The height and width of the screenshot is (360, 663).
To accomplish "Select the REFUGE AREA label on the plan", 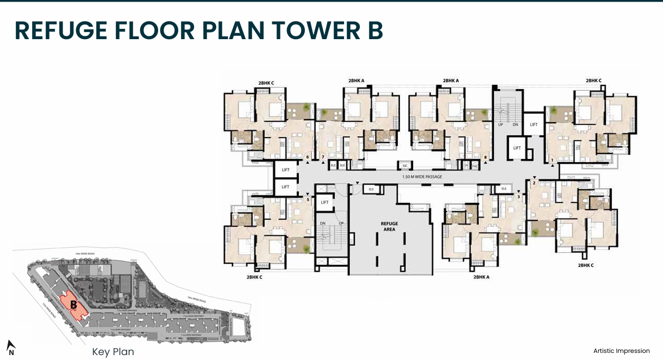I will click(x=389, y=226).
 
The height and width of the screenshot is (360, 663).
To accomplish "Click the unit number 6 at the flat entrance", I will click(x=308, y=158).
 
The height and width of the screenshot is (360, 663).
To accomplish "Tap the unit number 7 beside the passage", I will click(x=323, y=158).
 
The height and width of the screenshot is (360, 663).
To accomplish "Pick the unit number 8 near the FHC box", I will click(x=485, y=158).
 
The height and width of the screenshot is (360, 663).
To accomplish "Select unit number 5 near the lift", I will click(x=308, y=199).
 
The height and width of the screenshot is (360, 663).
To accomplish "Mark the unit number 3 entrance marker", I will click(x=518, y=196).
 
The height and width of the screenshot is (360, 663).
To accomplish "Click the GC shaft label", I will click(x=405, y=165).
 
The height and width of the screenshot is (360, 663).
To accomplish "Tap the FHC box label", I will click(x=474, y=165).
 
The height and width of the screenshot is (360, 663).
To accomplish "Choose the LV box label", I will click(x=466, y=165).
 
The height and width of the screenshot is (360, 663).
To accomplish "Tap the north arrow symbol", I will click(x=10, y=347).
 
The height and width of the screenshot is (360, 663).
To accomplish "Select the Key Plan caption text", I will click(x=113, y=352).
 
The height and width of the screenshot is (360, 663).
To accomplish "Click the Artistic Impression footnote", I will click(x=621, y=351).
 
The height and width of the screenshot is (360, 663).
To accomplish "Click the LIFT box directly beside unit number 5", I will click(x=324, y=202).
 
